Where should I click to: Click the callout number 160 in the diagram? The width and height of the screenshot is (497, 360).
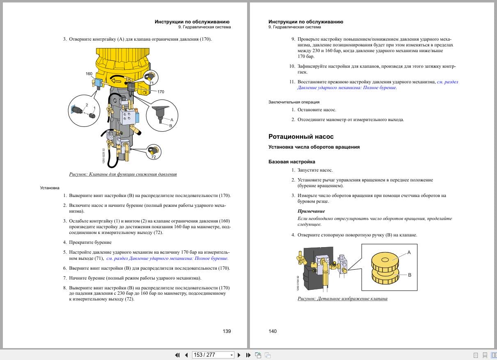pos(89,74)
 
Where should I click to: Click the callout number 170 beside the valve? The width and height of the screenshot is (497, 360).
pos(160,92)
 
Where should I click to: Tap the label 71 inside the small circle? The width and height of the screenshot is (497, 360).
pos(151,83)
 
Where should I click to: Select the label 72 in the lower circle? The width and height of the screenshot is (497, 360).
pos(153,157)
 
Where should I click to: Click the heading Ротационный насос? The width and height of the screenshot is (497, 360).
pos(301,137)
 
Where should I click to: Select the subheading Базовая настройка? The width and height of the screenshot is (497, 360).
pos(292,162)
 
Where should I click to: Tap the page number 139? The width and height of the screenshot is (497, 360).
pos(227,331)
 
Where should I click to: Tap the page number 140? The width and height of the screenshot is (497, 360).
pos(273,331)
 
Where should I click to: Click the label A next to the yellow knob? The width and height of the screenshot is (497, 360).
pos(409,252)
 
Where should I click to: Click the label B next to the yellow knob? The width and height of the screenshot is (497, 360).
pos(409,275)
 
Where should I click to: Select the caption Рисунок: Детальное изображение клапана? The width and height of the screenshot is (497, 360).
pos(342,298)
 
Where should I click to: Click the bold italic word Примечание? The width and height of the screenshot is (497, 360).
pos(311,211)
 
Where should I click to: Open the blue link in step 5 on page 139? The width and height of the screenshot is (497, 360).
pos(167,259)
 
